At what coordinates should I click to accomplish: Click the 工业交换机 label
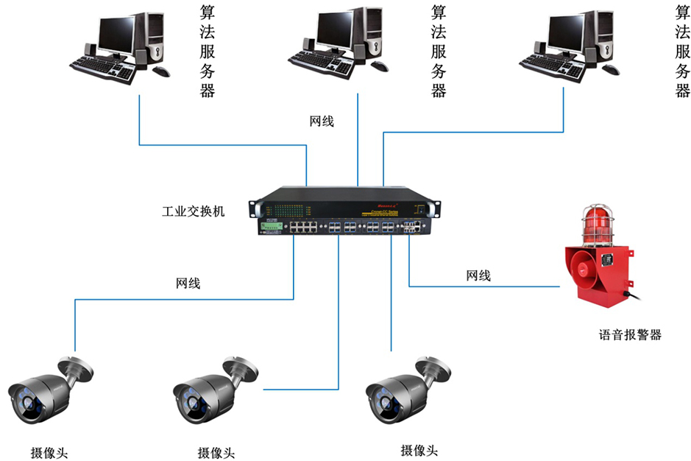click(193, 211)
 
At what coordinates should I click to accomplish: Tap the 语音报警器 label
click(630, 334)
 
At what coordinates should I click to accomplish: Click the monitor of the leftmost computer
click(115, 33)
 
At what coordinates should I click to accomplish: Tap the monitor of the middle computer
click(331, 31)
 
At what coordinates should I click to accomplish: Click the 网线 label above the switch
click(322, 121)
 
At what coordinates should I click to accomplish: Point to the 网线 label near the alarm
click(478, 276)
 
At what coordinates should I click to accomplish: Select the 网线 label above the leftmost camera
click(188, 282)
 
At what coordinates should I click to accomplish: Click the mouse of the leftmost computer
click(160, 71)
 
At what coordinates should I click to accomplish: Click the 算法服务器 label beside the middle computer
click(439, 51)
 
